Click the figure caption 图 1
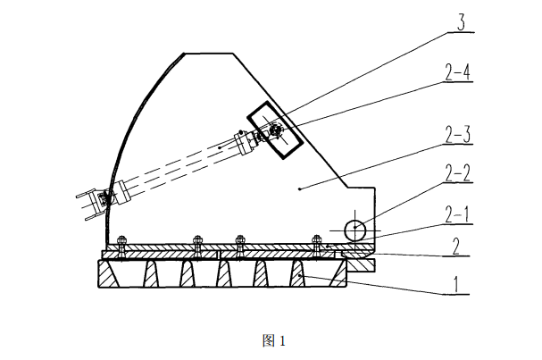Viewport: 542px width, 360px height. [x=271, y=340]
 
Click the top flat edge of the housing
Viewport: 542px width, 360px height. [x=208, y=52]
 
